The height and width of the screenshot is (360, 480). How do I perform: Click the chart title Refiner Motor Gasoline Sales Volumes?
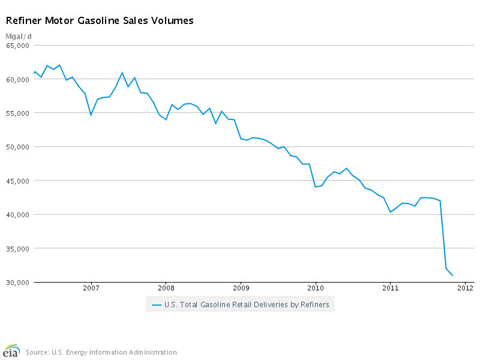(100, 20)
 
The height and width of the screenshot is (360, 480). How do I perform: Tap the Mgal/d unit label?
(19, 37)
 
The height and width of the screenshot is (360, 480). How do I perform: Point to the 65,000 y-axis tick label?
(19, 46)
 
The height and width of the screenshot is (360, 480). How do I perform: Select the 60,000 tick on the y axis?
(19, 79)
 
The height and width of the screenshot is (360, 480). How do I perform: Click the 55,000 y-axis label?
(19, 113)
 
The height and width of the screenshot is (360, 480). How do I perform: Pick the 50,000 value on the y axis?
(19, 147)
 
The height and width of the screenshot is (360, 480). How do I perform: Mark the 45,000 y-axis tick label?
(19, 181)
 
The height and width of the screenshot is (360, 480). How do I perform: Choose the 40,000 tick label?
(19, 215)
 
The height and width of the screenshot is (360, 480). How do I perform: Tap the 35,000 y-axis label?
(19, 249)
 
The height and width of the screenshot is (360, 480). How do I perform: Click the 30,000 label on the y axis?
(19, 283)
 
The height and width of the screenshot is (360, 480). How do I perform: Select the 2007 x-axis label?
(91, 288)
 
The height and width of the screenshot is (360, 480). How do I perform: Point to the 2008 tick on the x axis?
(166, 288)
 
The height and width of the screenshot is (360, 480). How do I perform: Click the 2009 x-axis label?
(241, 288)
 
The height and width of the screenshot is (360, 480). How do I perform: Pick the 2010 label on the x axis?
(316, 288)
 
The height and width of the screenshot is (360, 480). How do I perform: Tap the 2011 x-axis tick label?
(390, 288)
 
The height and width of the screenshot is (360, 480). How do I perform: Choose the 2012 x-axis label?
(465, 288)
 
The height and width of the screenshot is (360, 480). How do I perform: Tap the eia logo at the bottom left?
(11, 350)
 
